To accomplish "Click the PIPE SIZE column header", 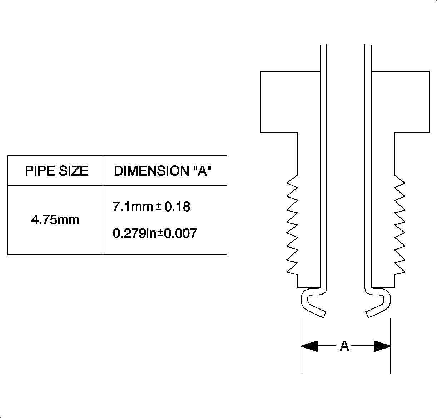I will pos(56,171).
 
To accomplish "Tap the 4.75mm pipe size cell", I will pos(55,219).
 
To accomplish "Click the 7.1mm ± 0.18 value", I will pos(151,207).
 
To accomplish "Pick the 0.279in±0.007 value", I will pos(155,234).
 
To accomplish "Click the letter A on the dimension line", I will pos(344,346).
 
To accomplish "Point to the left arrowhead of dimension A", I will pos(309,346).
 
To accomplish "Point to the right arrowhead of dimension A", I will pos(382,346).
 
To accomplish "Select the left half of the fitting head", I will pos(290,102).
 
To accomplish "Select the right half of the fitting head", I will pos(400,102).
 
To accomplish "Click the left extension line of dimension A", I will pos(301,361).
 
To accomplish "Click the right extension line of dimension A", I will pos(390,361).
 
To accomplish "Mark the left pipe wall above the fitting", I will pos(323,57).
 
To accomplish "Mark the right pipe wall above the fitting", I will pos(368,57).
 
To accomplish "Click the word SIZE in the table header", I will pos(74,171).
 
